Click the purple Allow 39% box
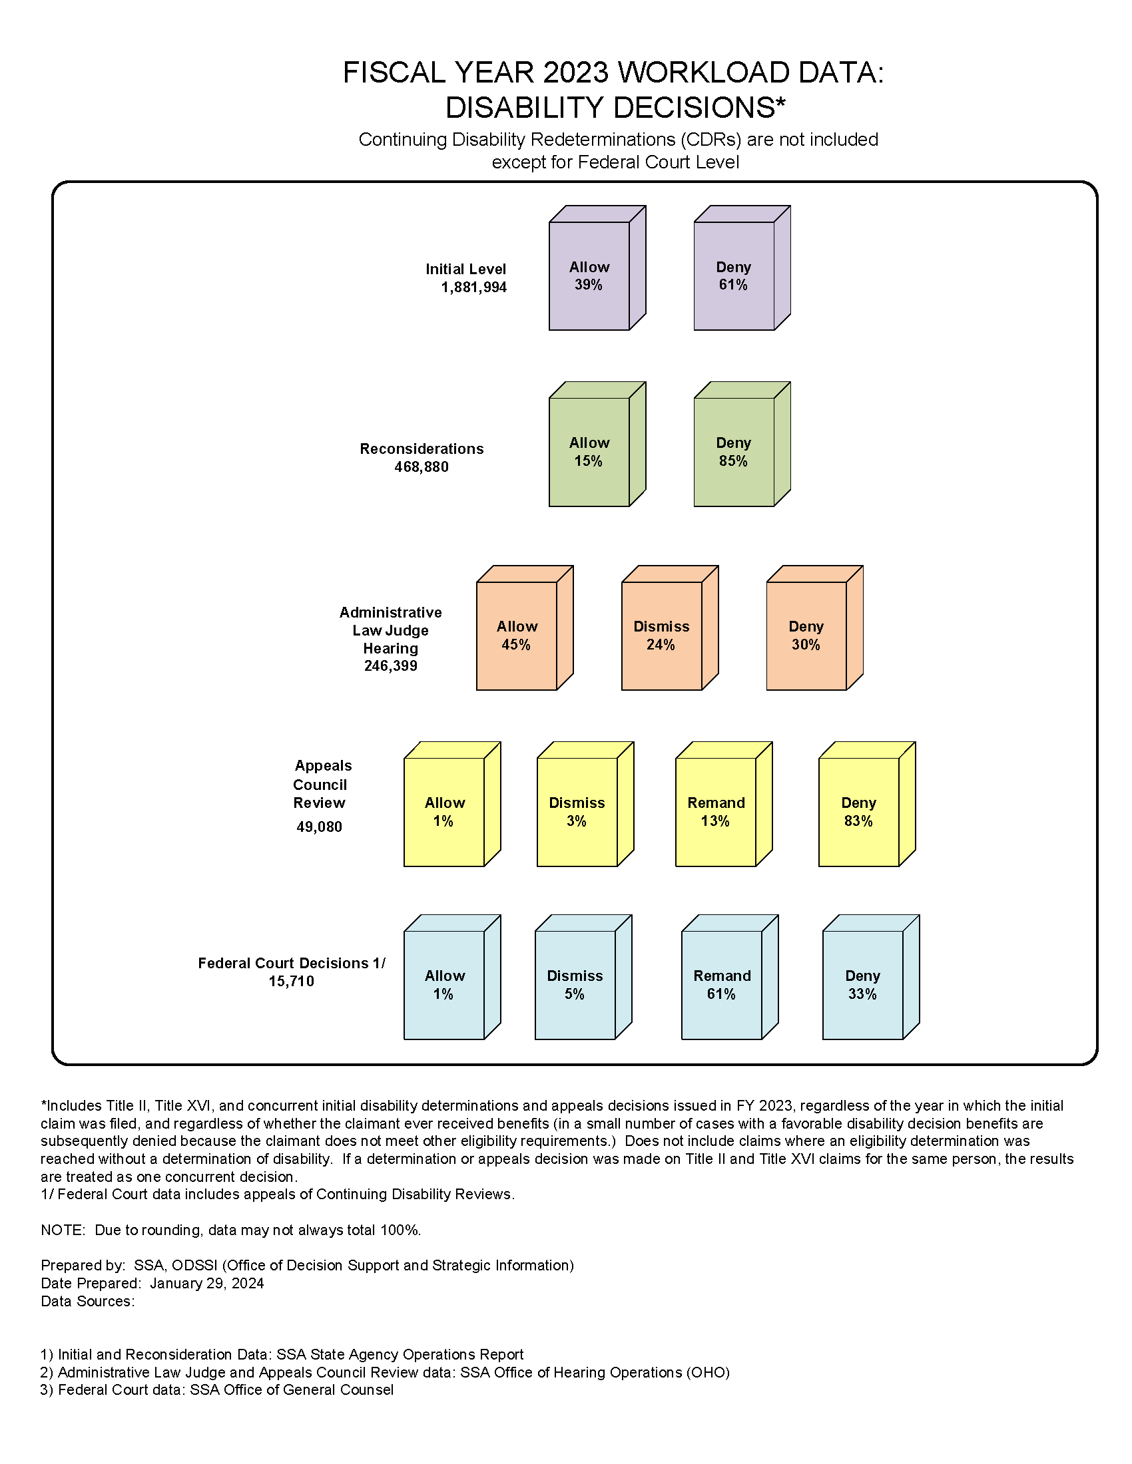pos(589,275)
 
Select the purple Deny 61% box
pos(734,275)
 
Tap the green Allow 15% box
pos(589,452)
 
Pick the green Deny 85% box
pos(734,452)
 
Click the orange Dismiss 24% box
pos(661,636)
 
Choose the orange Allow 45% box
pos(516,636)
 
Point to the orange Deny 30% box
pos(806,636)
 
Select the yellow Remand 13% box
pos(716,812)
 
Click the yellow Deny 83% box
pos(858,812)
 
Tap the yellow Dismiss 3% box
pos(577,812)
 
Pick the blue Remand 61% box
pos(722,985)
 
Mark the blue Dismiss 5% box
pos(575,985)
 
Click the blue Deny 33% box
pos(862,985)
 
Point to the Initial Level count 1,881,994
pos(473,287)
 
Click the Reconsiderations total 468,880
pos(421,466)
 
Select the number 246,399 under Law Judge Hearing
pos(390,665)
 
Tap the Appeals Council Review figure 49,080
pos(319,826)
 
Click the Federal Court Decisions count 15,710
pos(291,981)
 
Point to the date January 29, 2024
pos(206,1283)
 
